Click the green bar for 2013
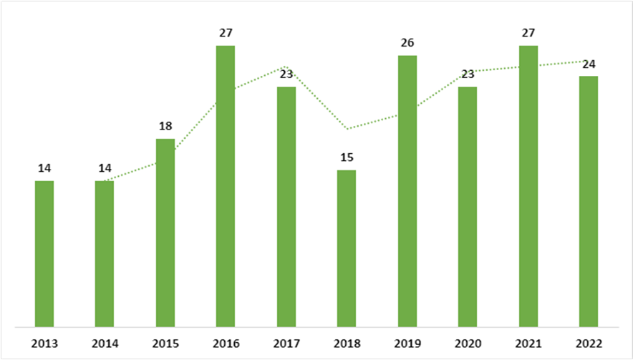tap(44, 254)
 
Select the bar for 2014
tap(105, 254)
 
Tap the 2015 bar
tap(165, 233)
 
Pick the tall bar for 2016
tap(226, 186)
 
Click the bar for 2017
tap(286, 207)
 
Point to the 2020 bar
tap(468, 207)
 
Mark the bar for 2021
tap(528, 186)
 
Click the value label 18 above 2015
tap(165, 126)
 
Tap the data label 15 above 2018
tap(347, 157)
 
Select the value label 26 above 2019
tap(407, 42)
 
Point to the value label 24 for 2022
tap(589, 64)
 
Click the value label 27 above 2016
tap(226, 32)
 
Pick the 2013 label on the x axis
tap(44, 343)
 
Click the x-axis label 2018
tap(347, 343)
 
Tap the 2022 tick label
tap(589, 343)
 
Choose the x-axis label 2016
tap(226, 343)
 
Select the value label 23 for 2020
tap(468, 74)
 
